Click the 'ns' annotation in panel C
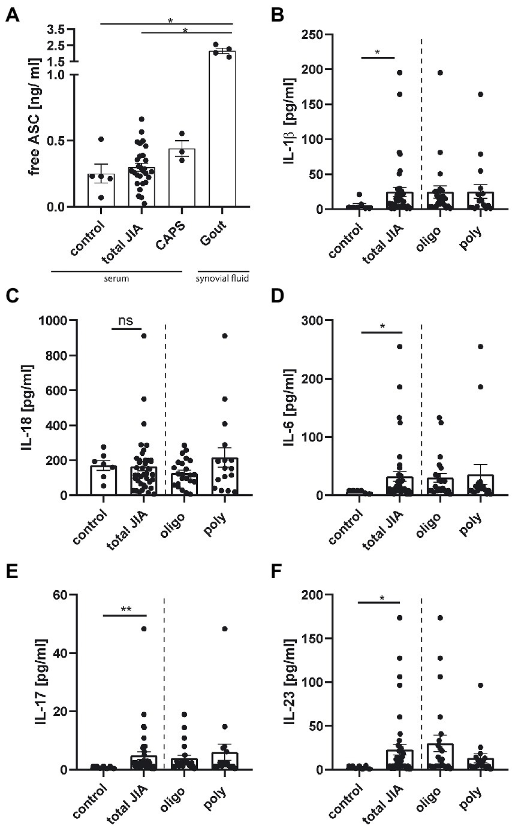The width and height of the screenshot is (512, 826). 127,321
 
